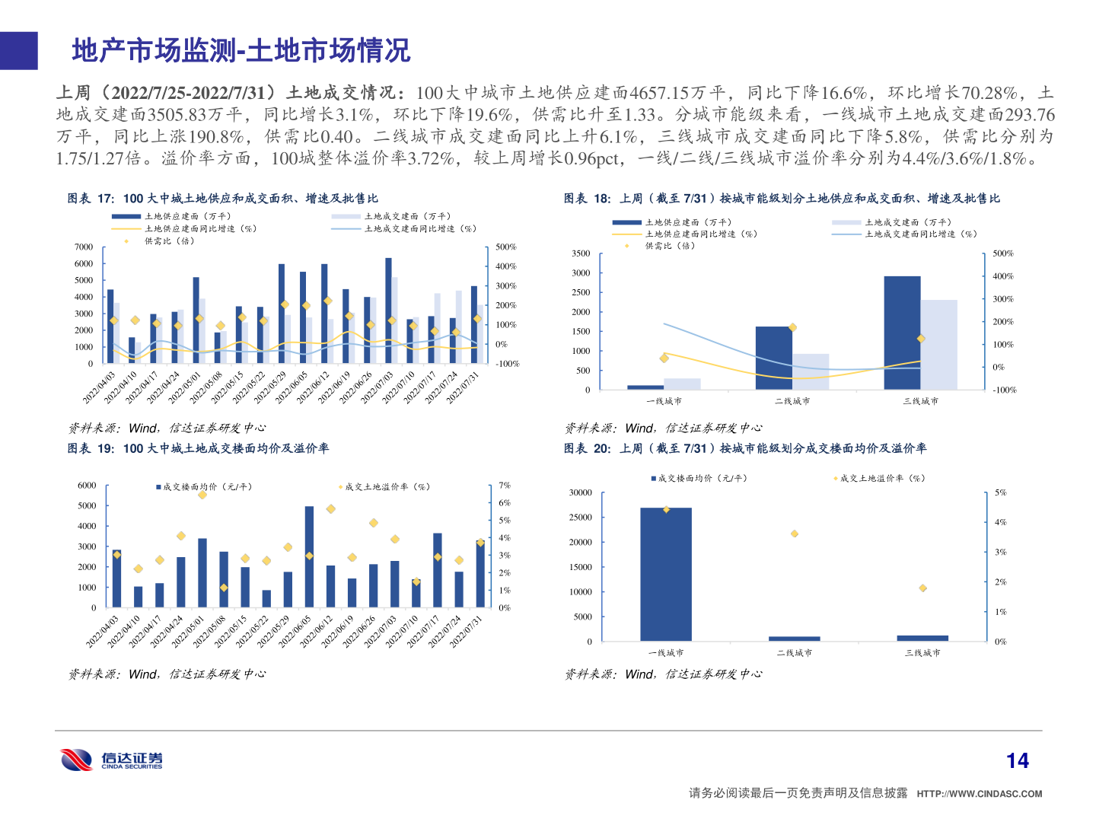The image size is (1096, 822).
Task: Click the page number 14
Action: [x=1017, y=760]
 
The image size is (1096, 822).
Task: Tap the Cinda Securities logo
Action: [x=111, y=760]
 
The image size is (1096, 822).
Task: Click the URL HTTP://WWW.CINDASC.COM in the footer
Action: [x=979, y=794]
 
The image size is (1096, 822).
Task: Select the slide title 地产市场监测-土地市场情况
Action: [x=241, y=51]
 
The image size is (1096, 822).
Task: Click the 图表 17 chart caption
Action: [x=222, y=199]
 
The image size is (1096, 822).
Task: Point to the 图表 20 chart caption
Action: [x=745, y=448]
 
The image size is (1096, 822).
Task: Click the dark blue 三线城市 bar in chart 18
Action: [x=902, y=333]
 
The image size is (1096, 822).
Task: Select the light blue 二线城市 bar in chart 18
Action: [x=811, y=371]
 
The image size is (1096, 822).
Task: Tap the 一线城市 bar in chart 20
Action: [x=666, y=574]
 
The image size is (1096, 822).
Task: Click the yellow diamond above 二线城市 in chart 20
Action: [x=795, y=534]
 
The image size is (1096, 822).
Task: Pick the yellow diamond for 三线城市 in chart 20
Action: [x=922, y=588]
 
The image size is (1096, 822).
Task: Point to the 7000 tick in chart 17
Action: [x=84, y=247]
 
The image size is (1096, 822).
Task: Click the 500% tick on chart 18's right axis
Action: [x=1003, y=253]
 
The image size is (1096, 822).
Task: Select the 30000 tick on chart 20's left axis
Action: [x=581, y=493]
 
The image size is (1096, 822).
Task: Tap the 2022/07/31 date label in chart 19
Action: [x=466, y=630]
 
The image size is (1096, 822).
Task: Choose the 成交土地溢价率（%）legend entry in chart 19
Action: [x=387, y=487]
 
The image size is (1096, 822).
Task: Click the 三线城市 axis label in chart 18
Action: [x=921, y=401]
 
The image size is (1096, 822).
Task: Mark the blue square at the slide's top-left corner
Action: [x=18, y=51]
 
